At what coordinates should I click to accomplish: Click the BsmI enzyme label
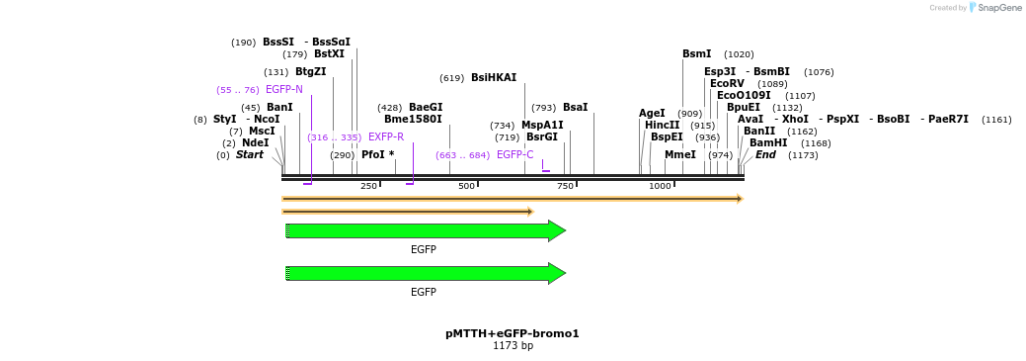click(696, 54)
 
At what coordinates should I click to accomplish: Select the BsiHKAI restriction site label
click(493, 78)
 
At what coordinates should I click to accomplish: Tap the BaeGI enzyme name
click(426, 108)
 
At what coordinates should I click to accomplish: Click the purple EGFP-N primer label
click(284, 90)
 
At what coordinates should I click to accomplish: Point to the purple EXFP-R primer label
click(386, 137)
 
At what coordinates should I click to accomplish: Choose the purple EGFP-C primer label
click(514, 155)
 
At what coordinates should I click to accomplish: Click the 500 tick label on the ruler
click(466, 186)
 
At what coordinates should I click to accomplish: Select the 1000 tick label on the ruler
click(660, 186)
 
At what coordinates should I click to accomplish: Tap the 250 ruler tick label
click(368, 186)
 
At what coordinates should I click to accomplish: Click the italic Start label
click(249, 155)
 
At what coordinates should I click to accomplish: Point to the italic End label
click(765, 155)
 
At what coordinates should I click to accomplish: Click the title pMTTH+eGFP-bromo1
click(512, 333)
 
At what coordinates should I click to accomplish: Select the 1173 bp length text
click(513, 346)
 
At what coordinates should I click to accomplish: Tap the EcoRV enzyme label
click(727, 84)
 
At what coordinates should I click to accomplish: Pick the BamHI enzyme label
click(768, 143)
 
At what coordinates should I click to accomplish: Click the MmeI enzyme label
click(679, 155)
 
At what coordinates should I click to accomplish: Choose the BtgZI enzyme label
click(310, 72)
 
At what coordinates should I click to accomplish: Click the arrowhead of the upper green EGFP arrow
click(557, 231)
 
